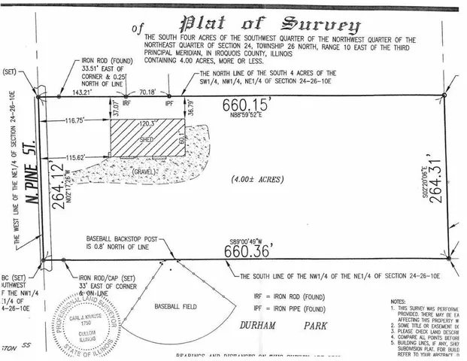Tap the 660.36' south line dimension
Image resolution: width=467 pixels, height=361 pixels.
pyautogui.click(x=247, y=252)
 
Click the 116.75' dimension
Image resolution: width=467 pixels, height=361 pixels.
pyautogui.click(x=75, y=119)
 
